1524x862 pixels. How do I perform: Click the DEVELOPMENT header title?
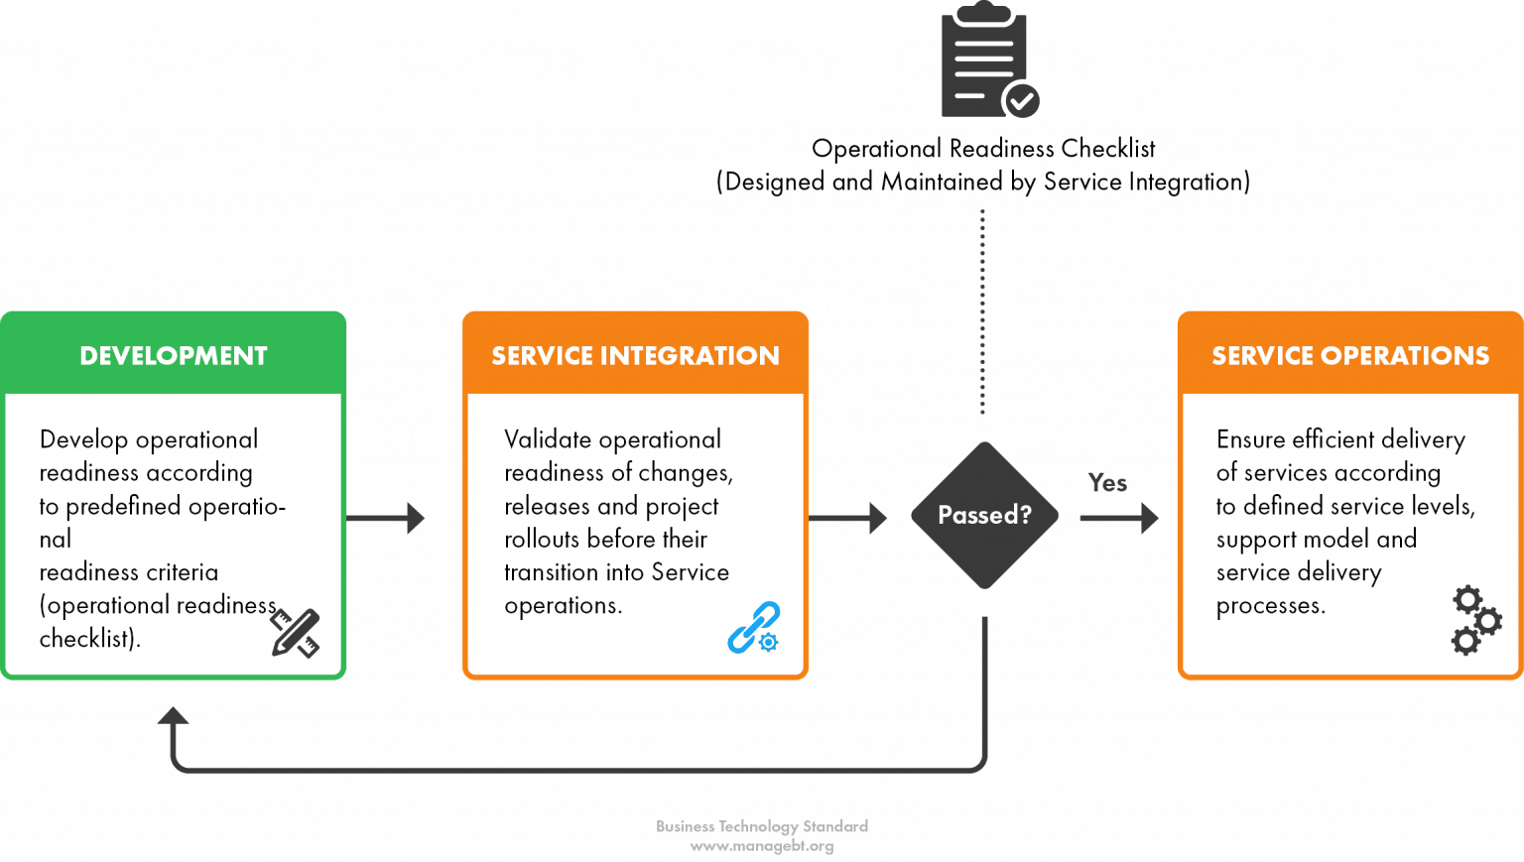tap(174, 356)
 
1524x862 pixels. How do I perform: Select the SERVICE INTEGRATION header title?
tap(635, 356)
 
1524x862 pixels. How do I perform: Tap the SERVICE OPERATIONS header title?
tap(1349, 356)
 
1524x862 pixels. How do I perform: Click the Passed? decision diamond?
tap(984, 515)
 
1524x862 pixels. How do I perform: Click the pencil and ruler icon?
tap(295, 633)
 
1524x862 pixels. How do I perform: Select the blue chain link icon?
tap(753, 628)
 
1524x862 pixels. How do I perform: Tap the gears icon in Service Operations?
tap(1475, 620)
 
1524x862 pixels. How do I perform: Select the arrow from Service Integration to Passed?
tap(849, 518)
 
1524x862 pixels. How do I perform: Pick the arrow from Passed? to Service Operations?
tap(1119, 518)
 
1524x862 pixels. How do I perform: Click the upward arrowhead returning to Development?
tap(174, 716)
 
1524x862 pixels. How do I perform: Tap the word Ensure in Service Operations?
tap(1251, 439)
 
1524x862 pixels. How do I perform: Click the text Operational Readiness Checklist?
tap(983, 149)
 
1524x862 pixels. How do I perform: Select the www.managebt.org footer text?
tap(761, 846)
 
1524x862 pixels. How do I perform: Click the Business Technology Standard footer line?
tap(761, 826)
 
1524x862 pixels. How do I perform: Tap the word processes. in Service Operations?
tap(1270, 606)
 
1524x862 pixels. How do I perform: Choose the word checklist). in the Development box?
tap(89, 639)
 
